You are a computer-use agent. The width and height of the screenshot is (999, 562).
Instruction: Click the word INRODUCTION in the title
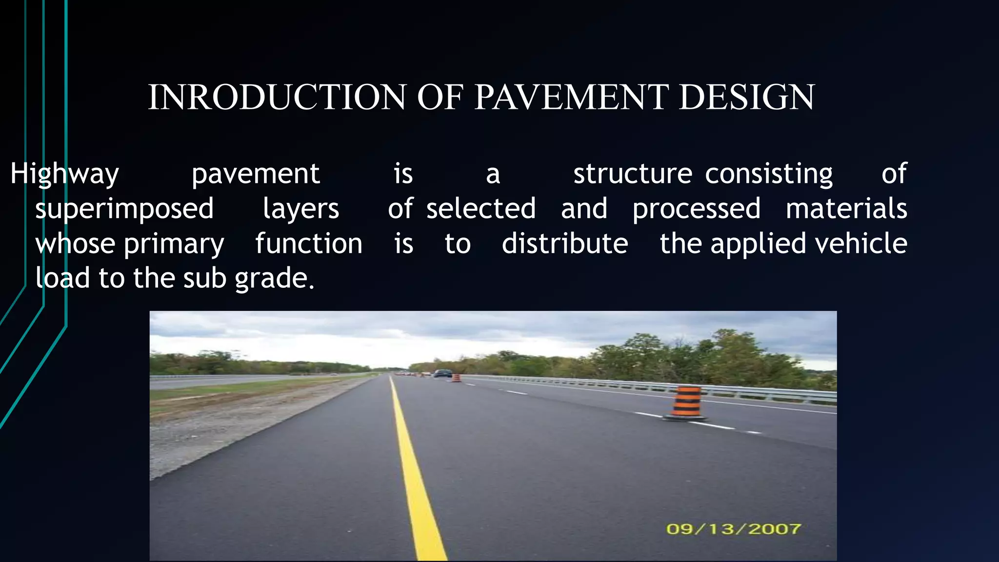[x=277, y=97]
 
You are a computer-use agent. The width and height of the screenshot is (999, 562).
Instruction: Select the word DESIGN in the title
[x=746, y=97]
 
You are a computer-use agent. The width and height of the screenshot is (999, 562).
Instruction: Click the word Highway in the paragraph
[x=64, y=174]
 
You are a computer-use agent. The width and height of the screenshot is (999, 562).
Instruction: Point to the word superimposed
[x=124, y=209]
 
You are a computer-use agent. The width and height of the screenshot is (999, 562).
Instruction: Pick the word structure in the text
[x=633, y=174]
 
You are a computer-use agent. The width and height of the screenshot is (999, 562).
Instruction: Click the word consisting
[x=769, y=174]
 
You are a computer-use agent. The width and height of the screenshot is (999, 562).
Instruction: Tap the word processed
[x=697, y=209]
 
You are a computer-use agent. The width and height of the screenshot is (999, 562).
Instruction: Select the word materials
[x=846, y=209]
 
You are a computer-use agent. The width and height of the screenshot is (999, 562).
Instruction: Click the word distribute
[x=565, y=243]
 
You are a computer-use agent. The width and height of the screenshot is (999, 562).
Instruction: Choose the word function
[x=309, y=243]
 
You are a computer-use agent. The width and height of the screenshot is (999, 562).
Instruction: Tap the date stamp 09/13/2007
[x=733, y=529]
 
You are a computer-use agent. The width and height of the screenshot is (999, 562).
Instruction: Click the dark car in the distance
[x=443, y=374]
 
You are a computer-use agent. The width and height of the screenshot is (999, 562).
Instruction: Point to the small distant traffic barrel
[x=456, y=378]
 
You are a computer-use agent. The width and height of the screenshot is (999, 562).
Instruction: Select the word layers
[x=301, y=209]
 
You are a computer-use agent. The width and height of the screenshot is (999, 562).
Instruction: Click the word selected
[x=481, y=209]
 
